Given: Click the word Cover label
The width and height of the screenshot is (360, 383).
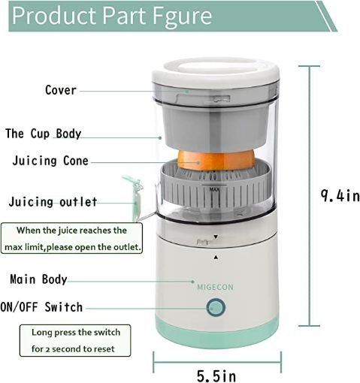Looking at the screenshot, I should [60, 90].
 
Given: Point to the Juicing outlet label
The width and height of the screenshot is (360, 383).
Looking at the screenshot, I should [53, 202].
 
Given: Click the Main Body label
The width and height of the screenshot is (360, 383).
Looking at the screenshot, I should [38, 279].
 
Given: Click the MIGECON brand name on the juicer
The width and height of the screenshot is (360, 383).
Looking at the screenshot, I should [215, 286].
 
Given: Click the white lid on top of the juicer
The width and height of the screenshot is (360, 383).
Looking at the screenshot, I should [215, 77].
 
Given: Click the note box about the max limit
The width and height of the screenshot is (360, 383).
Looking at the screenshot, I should [73, 239].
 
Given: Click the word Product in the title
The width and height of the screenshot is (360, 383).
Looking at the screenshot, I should [56, 16].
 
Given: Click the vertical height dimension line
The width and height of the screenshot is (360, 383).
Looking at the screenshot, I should [304, 196].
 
